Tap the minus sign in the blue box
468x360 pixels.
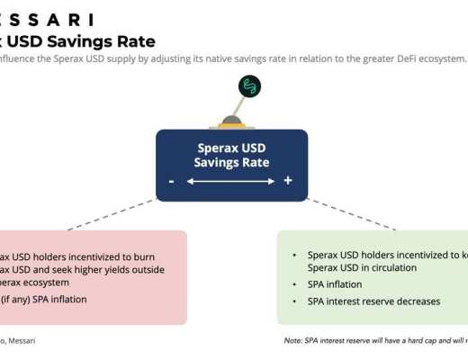(171, 181)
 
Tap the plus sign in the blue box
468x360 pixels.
(288, 181)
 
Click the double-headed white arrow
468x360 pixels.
(231, 181)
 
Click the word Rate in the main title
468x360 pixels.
(134, 41)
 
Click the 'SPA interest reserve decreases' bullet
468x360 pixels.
(373, 301)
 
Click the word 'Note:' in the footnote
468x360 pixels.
(292, 341)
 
